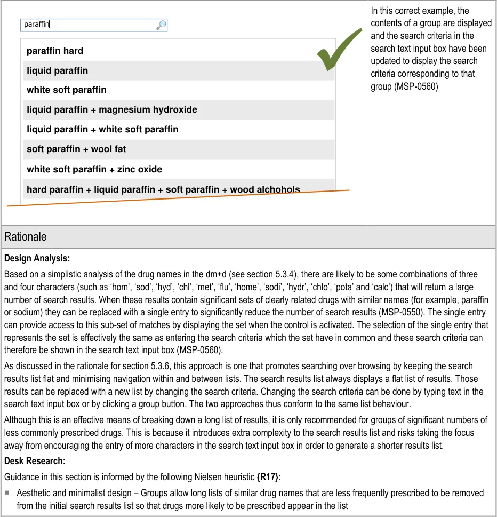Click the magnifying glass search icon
[x=161, y=25]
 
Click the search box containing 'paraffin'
[x=88, y=25]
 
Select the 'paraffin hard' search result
[x=55, y=51]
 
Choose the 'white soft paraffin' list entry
[x=67, y=90]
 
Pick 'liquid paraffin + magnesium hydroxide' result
[x=112, y=109]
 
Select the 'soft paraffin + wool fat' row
[x=76, y=149]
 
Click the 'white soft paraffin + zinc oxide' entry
[x=94, y=169]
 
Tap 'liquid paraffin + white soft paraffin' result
[x=102, y=129]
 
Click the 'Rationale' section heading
[x=25, y=237]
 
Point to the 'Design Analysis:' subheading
[x=37, y=259]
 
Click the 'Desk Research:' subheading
[x=34, y=460]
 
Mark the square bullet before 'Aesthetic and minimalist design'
[x=7, y=493]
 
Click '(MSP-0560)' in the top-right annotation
[x=404, y=86]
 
